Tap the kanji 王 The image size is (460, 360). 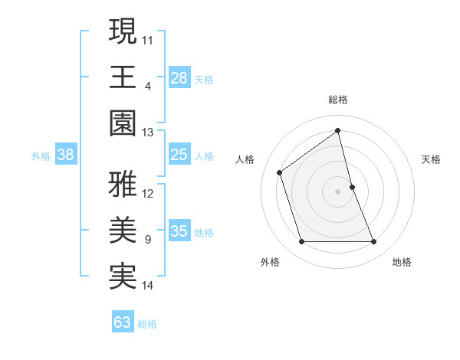123,77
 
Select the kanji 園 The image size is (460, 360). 123,123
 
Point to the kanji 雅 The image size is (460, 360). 123,185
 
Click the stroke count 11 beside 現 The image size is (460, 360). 148,39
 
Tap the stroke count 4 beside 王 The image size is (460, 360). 148,86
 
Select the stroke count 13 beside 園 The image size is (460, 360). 148,133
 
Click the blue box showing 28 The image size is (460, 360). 179,77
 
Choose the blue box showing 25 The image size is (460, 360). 179,155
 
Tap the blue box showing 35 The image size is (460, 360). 179,231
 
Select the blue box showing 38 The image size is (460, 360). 65,155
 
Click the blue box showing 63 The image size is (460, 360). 122,322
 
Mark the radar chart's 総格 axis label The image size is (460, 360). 338,100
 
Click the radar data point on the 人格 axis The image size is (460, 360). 280,172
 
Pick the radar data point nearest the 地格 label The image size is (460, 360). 374,242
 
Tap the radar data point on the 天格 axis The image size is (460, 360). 352,187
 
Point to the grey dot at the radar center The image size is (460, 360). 338,191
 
